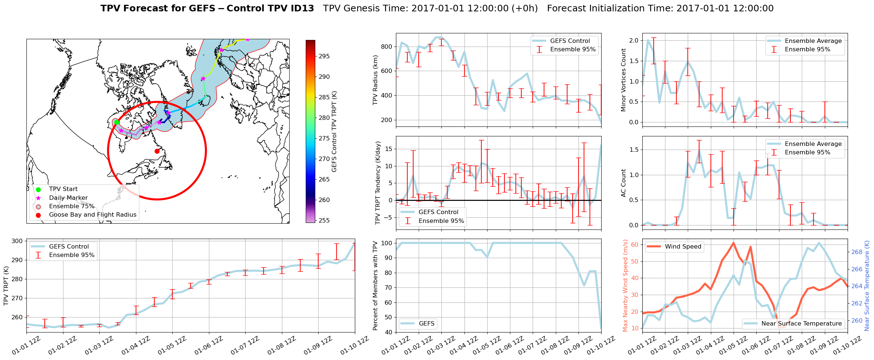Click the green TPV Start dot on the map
[117, 122]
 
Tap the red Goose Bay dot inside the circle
[157, 151]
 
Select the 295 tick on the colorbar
[324, 56]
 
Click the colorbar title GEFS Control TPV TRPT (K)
[334, 132]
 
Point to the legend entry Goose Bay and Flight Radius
[92, 215]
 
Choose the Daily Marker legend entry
[68, 198]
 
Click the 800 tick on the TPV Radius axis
[387, 47]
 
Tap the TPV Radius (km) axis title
[375, 80]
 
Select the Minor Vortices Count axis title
[624, 80]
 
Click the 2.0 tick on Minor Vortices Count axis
[634, 40]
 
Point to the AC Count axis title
[624, 183]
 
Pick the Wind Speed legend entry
[683, 247]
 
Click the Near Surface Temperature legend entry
[801, 324]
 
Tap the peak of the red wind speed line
[733, 243]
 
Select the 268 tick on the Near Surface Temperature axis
[857, 252]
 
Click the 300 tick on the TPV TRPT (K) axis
[17, 241]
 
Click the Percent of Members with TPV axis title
[375, 286]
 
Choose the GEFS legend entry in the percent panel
[426, 324]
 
